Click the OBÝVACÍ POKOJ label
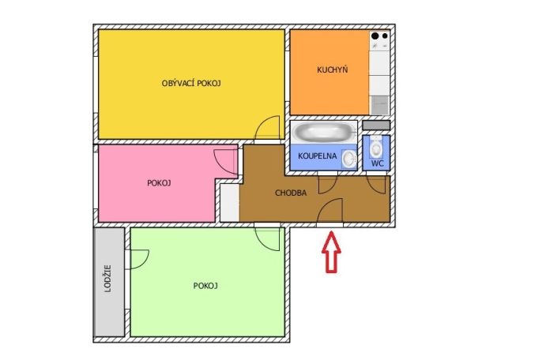point(191,83)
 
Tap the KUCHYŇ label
point(332,69)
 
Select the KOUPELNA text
point(318,156)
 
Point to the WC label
point(378,163)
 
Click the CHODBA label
point(291,193)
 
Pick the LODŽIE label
point(108,279)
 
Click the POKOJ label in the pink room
point(159,183)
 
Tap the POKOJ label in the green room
point(205,286)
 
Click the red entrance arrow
point(332,252)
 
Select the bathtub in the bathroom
point(324,132)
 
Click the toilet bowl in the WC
point(376,147)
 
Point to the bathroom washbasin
point(349,159)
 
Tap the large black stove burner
point(375,36)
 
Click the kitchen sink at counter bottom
point(379,105)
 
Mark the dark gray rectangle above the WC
point(376,125)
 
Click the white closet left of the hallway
point(229,203)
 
